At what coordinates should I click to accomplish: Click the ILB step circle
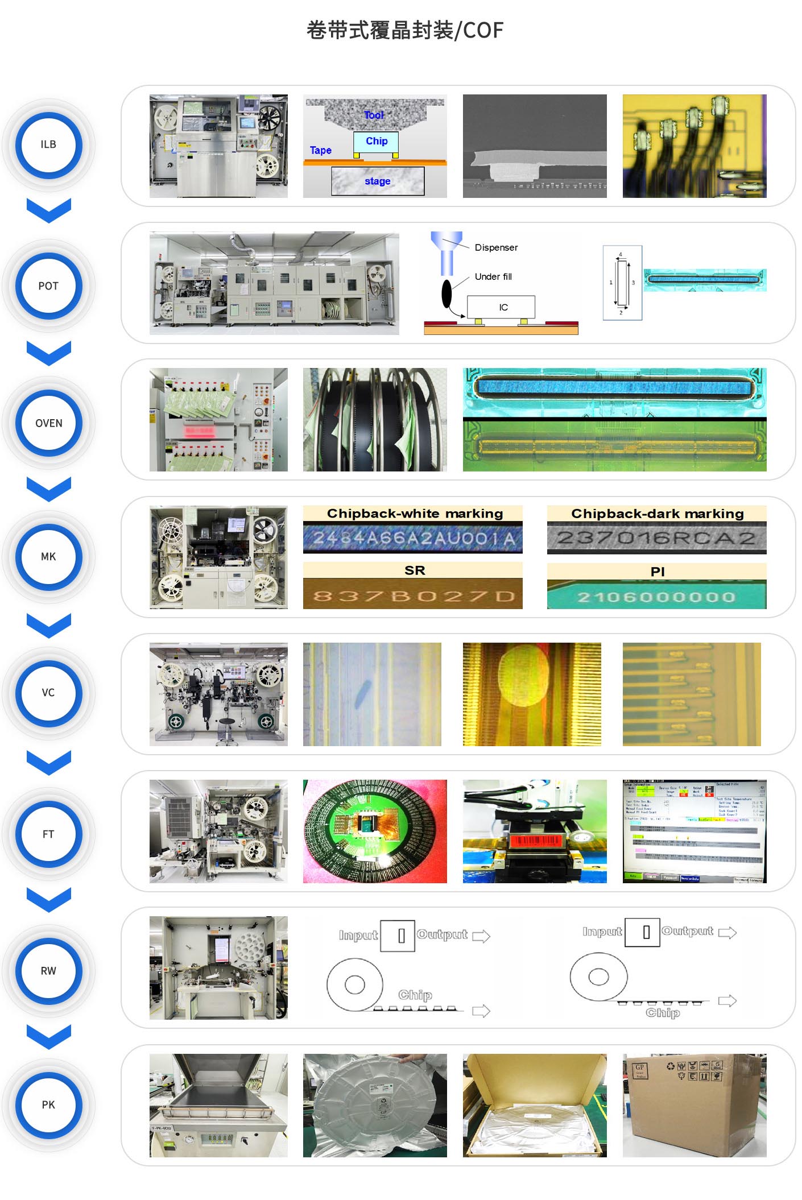click(x=48, y=144)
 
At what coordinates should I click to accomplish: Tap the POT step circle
click(x=48, y=285)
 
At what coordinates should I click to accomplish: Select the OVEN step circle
click(x=48, y=423)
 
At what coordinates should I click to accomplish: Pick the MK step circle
click(x=48, y=556)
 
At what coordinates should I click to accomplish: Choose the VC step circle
click(x=48, y=693)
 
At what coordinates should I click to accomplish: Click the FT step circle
click(x=48, y=834)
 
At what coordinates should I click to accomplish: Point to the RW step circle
click(x=48, y=971)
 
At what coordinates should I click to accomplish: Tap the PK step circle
click(x=48, y=1104)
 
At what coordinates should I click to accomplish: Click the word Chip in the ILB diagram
click(x=376, y=141)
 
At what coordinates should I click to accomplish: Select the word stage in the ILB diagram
click(x=377, y=181)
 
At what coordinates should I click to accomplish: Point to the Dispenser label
click(x=496, y=247)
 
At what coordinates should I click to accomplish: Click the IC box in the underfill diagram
click(x=502, y=307)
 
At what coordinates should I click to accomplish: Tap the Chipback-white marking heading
click(x=415, y=514)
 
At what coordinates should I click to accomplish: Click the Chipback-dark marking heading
click(x=657, y=514)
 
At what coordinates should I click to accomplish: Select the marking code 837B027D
click(x=413, y=596)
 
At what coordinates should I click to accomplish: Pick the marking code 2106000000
click(x=656, y=597)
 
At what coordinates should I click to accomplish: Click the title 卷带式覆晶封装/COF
click(x=405, y=30)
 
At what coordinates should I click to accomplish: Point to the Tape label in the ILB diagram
click(x=320, y=150)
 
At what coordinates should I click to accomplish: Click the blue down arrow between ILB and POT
click(x=49, y=210)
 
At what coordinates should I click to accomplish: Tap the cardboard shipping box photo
click(x=694, y=1105)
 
